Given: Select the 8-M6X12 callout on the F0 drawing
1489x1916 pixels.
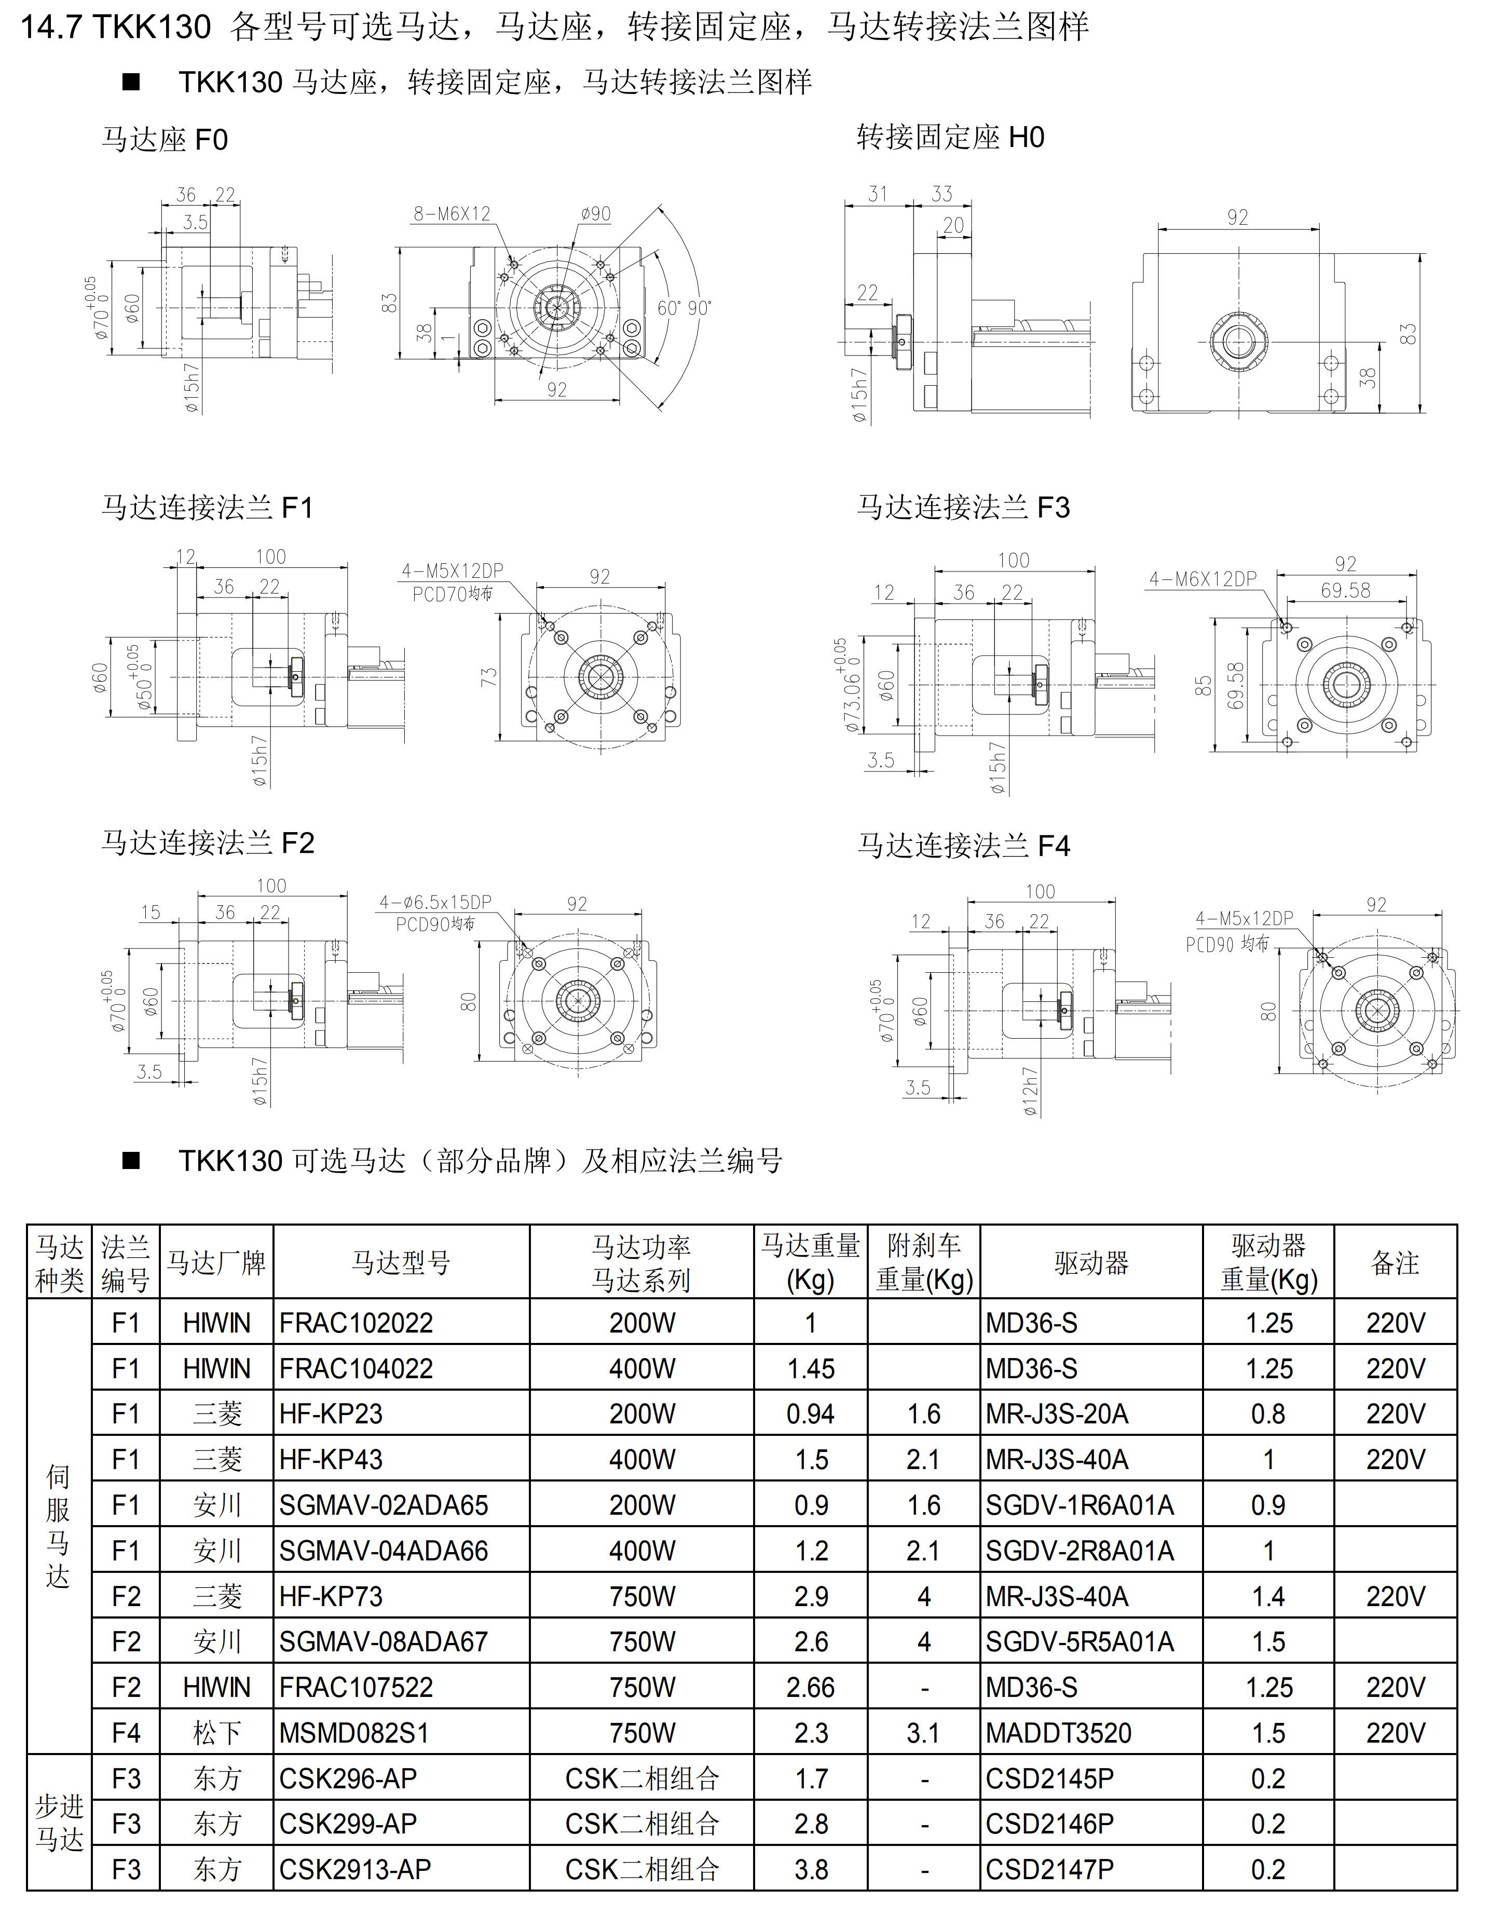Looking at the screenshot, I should click(x=452, y=214).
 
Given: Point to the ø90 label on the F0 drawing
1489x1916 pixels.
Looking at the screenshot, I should click(x=595, y=214).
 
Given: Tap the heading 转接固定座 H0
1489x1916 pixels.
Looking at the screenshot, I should click(x=950, y=138).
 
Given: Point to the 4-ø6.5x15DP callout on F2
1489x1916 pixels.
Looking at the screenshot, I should click(x=435, y=902).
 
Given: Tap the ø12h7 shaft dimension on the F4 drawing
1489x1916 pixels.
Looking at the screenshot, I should click(x=1030, y=1092).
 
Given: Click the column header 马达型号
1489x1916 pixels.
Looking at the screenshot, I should click(x=401, y=1263).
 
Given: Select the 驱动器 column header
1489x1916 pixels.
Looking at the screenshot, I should click(x=1091, y=1263).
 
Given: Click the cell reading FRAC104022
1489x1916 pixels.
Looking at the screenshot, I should click(x=356, y=1368).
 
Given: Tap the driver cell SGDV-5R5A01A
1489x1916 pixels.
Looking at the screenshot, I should click(x=1080, y=1642).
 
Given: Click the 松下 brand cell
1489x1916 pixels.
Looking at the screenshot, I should click(x=216, y=1733).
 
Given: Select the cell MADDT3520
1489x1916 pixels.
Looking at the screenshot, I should click(x=1058, y=1733).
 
